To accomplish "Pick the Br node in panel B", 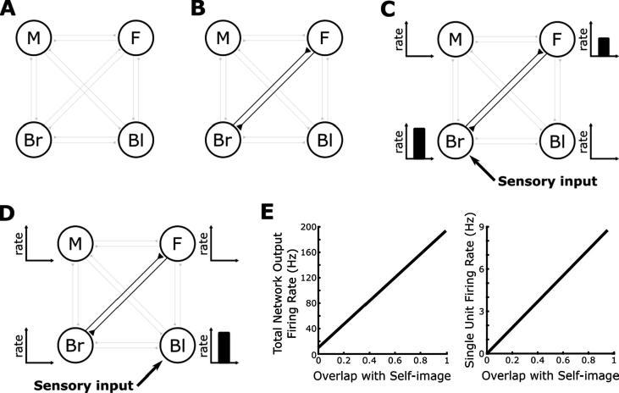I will pyautogui.click(x=223, y=136).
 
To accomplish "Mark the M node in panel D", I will pyautogui.click(x=75, y=246).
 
